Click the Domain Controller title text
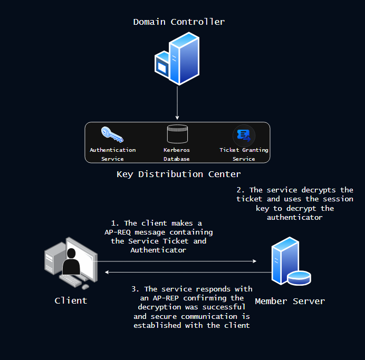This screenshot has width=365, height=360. coord(179,22)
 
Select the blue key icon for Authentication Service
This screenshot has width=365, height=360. coord(112,135)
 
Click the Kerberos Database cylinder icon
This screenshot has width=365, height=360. coord(177,134)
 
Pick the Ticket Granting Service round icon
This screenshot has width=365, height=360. coord(244,135)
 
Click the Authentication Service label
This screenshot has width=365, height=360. coord(112,154)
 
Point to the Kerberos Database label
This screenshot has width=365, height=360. coord(177,154)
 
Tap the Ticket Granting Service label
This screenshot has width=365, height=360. coord(244,154)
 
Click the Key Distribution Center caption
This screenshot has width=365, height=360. coord(178,174)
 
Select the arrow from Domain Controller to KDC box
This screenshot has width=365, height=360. coord(178,103)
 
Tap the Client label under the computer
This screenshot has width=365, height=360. coord(71,300)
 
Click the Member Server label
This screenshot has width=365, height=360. coord(290,301)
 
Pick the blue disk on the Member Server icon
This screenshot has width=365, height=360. coord(299,277)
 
